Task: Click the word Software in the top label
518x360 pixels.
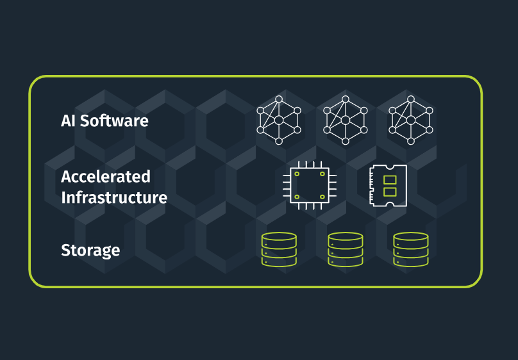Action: pyautogui.click(x=115, y=120)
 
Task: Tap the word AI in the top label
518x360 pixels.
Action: pyautogui.click(x=69, y=120)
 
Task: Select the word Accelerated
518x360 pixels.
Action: pyautogui.click(x=106, y=176)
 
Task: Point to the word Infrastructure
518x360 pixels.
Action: pyautogui.click(x=114, y=197)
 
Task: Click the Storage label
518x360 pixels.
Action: pyautogui.click(x=90, y=249)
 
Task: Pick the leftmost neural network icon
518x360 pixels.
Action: pyautogui.click(x=278, y=120)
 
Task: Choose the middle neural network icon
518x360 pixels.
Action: pyautogui.click(x=345, y=120)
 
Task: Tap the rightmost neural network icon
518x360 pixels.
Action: pyautogui.click(x=412, y=120)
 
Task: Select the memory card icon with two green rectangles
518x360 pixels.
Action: pyautogui.click(x=388, y=186)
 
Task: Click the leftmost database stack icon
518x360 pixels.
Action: pyautogui.click(x=279, y=249)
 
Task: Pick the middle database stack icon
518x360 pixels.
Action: pyautogui.click(x=345, y=249)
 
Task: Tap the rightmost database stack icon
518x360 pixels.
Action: pyautogui.click(x=411, y=249)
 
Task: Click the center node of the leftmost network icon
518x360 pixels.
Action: pyautogui.click(x=278, y=120)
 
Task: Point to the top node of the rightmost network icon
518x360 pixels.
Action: pyautogui.click(x=412, y=99)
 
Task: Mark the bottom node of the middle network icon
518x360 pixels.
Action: pyautogui.click(x=345, y=141)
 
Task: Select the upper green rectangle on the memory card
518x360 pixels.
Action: pyautogui.click(x=389, y=180)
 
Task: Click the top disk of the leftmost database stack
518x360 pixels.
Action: pyautogui.click(x=279, y=237)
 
